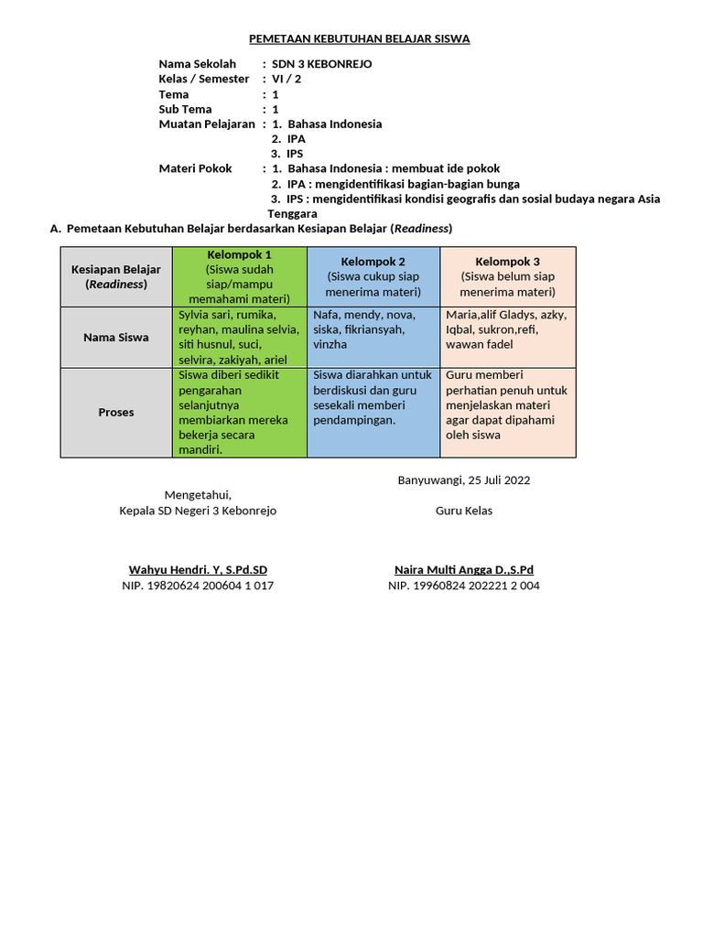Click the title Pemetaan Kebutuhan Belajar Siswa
[x=360, y=38]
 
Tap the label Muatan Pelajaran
[x=206, y=124]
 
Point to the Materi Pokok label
[x=195, y=168]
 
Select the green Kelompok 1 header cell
[x=239, y=275]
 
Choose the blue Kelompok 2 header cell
[x=373, y=276]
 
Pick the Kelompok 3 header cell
[x=508, y=276]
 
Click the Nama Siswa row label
[x=116, y=337]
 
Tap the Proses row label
[x=116, y=412]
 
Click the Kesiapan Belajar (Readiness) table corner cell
[x=116, y=276]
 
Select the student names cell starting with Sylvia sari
[x=239, y=337]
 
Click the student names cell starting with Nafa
[x=373, y=329]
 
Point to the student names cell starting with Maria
[x=508, y=329]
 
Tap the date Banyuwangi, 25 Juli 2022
[x=463, y=479]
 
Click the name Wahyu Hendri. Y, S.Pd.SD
[x=198, y=569]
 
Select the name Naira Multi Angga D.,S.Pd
[x=463, y=569]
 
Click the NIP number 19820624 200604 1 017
[x=198, y=586]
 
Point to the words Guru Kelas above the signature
[x=463, y=511]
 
